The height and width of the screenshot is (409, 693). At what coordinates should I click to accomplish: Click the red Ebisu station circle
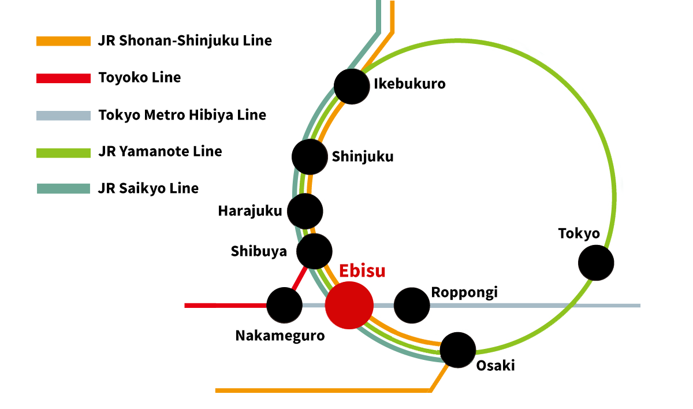[349, 305]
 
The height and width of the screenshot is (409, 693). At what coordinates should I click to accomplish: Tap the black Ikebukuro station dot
[351, 86]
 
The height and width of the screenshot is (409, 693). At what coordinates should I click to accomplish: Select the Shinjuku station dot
[310, 157]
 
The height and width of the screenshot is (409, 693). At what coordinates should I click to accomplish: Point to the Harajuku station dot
[304, 211]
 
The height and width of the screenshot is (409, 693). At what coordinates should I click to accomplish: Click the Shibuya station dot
[314, 251]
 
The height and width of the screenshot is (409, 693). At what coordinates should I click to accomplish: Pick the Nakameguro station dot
[284, 305]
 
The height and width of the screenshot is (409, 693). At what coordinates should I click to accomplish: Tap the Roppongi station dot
[412, 305]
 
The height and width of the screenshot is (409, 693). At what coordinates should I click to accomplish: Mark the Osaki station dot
[457, 349]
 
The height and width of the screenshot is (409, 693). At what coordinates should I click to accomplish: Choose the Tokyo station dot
[596, 263]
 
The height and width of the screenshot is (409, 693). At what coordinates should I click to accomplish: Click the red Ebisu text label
[362, 271]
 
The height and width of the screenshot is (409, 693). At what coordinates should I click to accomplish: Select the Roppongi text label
[464, 292]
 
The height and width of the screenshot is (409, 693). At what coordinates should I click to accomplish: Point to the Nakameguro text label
[280, 336]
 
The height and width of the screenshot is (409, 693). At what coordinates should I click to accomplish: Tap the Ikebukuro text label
[409, 84]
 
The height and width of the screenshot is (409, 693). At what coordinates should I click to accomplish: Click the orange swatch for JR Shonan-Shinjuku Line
[64, 41]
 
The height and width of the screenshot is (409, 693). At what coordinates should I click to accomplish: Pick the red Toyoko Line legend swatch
[64, 78]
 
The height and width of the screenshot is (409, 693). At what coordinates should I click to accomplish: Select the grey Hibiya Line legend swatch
[64, 115]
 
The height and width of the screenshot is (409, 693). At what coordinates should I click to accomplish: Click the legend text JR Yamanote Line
[160, 152]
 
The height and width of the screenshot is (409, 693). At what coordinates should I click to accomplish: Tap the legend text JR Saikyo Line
[148, 188]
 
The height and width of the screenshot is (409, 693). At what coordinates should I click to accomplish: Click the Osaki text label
[495, 366]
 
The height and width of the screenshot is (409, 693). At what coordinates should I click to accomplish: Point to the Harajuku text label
[249, 211]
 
